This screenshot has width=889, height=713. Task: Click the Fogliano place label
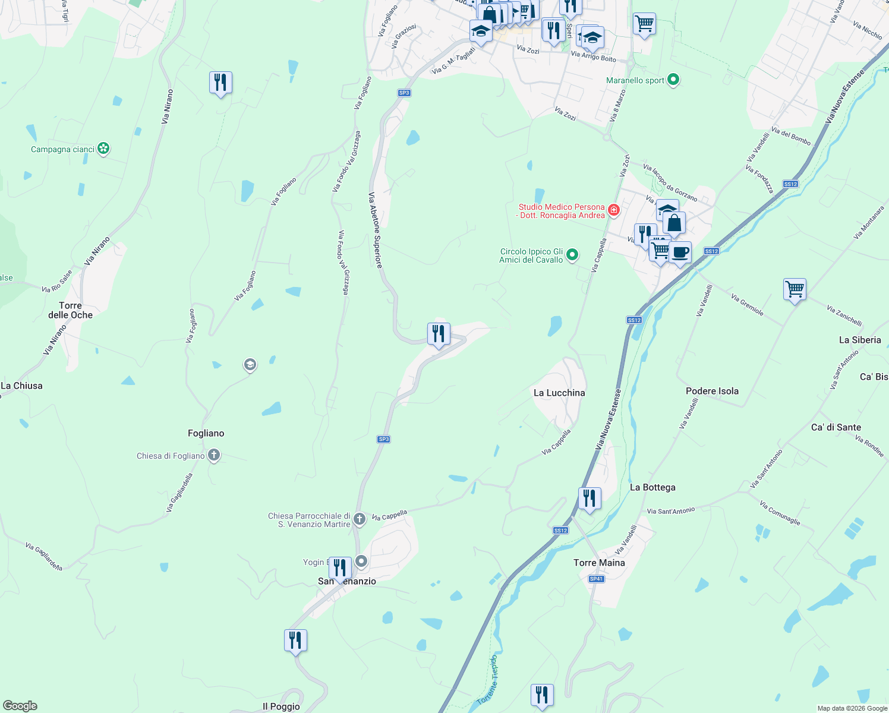pos(206,433)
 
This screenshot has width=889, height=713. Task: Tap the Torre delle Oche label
pos(70,310)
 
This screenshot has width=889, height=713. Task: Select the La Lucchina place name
pos(559,393)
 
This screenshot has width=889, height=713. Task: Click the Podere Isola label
pos(712,391)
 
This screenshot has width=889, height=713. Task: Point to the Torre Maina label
pos(599,563)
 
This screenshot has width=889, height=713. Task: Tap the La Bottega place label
pos(652,487)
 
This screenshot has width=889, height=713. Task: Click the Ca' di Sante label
pos(836,427)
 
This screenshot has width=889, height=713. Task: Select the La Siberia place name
pos(859,340)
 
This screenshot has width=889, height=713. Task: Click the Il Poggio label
pos(281,706)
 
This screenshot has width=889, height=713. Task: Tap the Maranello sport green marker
pos(673,80)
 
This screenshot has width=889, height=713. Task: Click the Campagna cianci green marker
pos(103,149)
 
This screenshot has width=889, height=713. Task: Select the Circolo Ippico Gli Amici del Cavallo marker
pos(572,255)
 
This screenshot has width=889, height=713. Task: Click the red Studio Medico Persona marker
pos(614,210)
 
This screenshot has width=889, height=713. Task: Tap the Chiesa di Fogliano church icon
pos(214,456)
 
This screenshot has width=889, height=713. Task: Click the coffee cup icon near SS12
pos(680,253)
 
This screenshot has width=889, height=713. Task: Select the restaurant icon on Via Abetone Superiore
pos(439,334)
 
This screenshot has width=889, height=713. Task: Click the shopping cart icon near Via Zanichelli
pos(795,289)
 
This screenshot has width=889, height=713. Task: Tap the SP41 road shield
pos(596,579)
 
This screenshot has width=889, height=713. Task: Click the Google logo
pos(20,706)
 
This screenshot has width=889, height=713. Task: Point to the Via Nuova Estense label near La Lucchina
pos(608,419)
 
